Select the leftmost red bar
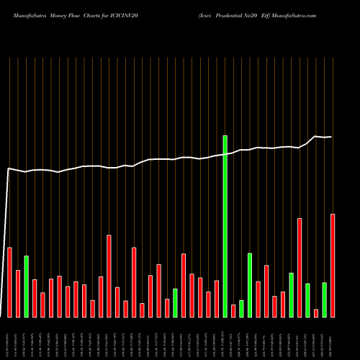coord(9,282)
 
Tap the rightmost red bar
coord(333,265)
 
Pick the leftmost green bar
coord(26,286)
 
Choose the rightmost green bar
coord(324,300)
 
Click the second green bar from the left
coord(175,302)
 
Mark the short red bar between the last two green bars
coord(316,312)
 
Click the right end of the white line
coord(332,136)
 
